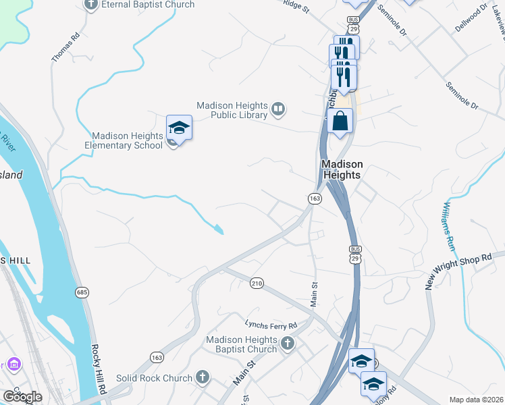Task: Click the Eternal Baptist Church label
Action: click(x=148, y=5)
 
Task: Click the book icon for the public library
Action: click(x=277, y=108)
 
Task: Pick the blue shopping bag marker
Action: click(x=340, y=122)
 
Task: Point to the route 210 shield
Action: click(x=256, y=282)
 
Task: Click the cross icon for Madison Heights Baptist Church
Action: click(x=287, y=344)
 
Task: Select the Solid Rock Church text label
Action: click(x=153, y=378)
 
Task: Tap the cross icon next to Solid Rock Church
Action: click(x=202, y=377)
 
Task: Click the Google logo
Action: click(x=22, y=397)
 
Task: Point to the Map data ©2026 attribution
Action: click(x=476, y=400)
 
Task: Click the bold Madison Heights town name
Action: click(x=342, y=169)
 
